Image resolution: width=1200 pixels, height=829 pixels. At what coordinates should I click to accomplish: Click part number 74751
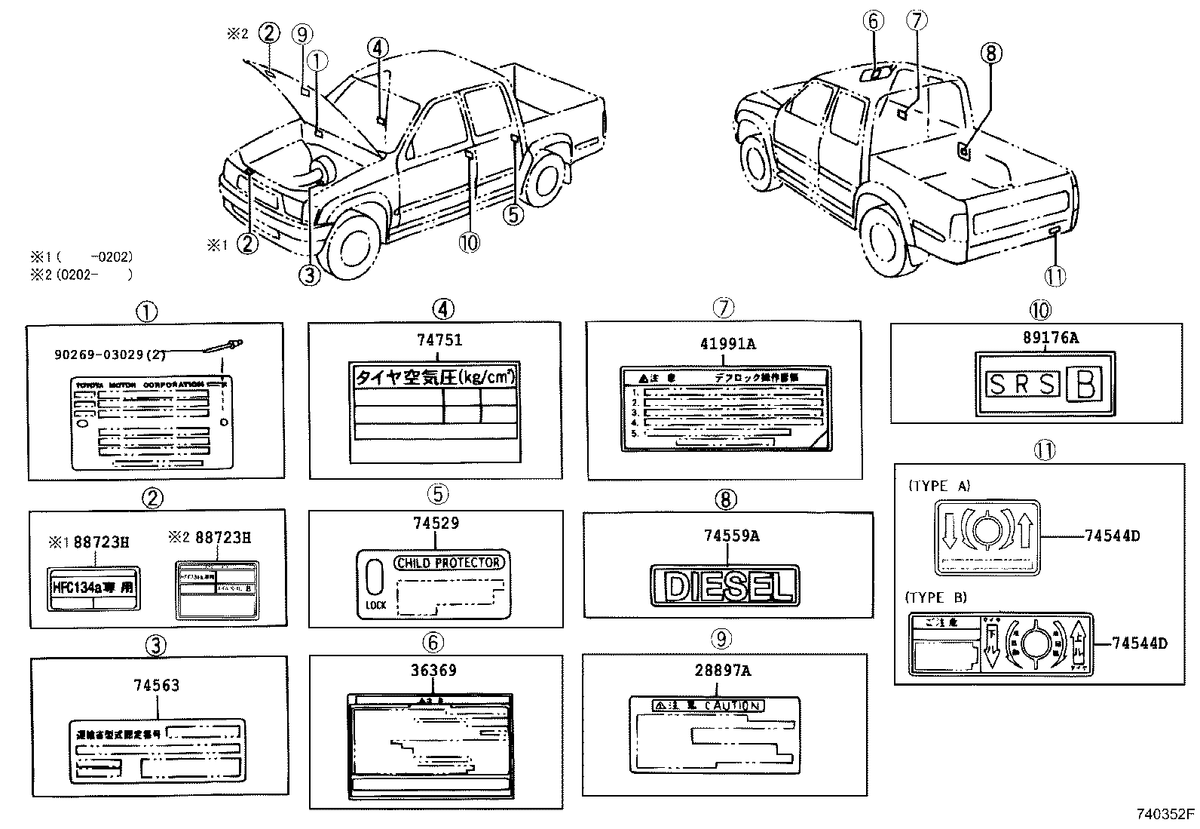click(435, 340)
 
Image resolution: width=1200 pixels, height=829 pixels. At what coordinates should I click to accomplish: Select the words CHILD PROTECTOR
click(448, 563)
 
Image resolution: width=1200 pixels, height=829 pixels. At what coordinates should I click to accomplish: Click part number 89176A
click(1045, 339)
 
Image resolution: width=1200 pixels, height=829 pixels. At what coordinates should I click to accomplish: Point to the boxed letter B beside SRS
click(1085, 385)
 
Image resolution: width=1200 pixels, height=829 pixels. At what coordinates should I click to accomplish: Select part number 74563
click(157, 686)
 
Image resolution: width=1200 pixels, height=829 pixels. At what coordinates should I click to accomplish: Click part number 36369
click(433, 670)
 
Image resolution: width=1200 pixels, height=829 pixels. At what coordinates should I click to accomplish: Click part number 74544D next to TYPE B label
click(1140, 643)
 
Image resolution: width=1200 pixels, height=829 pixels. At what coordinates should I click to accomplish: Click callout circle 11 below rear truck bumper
click(1055, 276)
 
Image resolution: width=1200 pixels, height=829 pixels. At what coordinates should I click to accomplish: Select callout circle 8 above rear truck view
click(990, 52)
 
